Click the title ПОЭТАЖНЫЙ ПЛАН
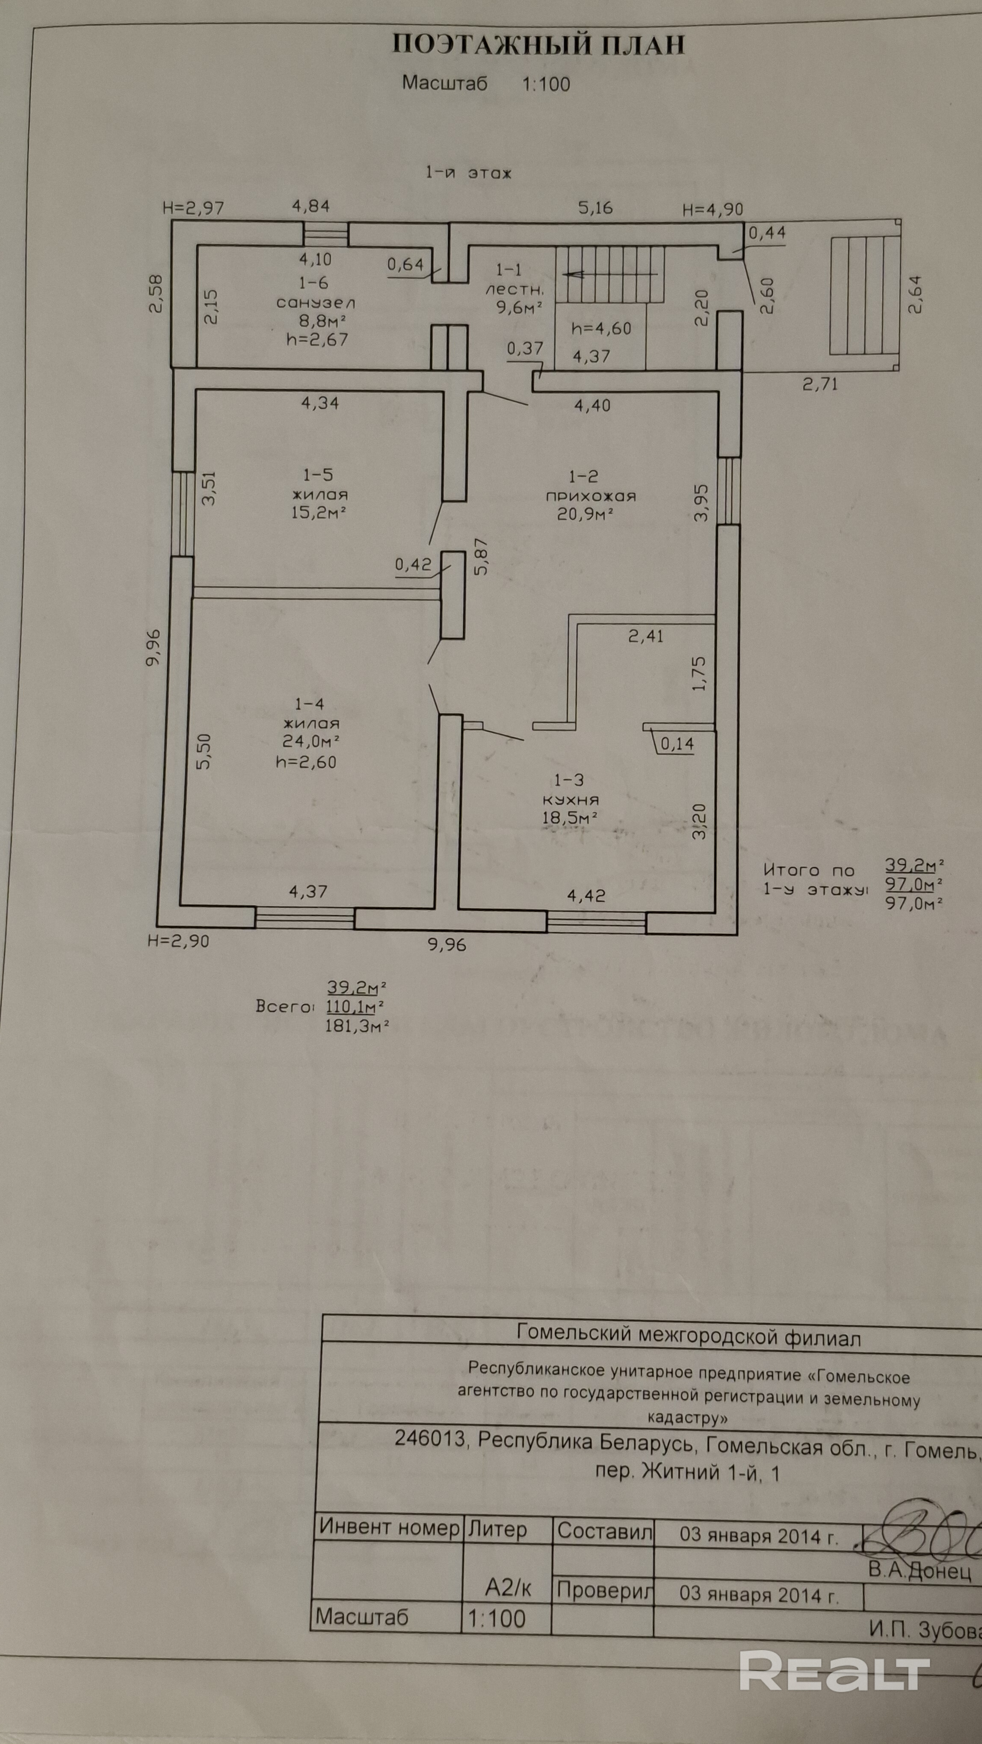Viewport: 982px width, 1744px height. (x=538, y=45)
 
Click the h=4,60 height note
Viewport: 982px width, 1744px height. (x=601, y=329)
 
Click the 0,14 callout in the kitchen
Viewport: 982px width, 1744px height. (x=677, y=744)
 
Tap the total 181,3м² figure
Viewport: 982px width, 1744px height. (x=357, y=1026)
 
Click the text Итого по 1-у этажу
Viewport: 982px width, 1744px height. (x=815, y=879)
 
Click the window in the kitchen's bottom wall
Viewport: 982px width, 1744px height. (x=596, y=922)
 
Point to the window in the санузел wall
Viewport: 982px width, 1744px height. (x=326, y=235)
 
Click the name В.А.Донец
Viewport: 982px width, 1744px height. (x=920, y=1571)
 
